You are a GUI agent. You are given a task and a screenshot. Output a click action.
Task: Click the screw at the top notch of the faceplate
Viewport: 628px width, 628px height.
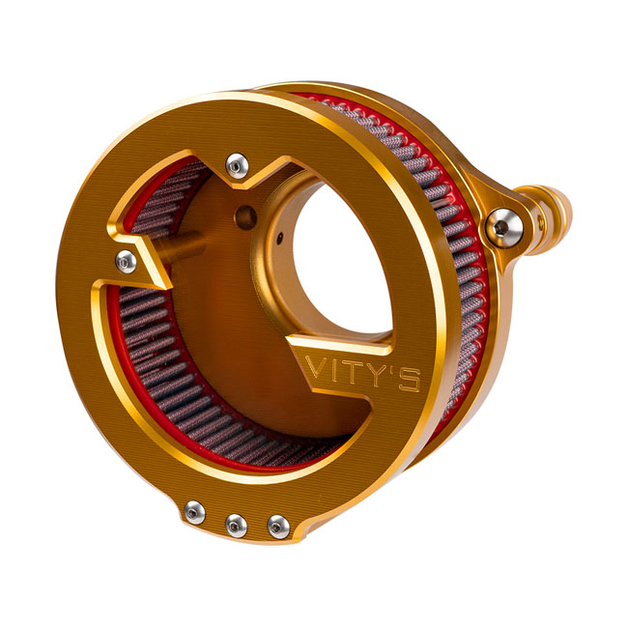click(x=237, y=166)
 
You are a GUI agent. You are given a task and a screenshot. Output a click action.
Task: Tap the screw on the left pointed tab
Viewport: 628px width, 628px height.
click(x=127, y=262)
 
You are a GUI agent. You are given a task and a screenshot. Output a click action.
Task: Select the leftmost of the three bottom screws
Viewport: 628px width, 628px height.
click(x=195, y=512)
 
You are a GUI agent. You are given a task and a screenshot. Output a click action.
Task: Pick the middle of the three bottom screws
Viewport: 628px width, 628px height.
click(x=236, y=526)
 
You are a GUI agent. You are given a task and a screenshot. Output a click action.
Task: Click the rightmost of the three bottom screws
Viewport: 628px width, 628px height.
click(x=278, y=528)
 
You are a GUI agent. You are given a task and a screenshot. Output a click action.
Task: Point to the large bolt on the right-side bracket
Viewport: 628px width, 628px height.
click(x=503, y=227)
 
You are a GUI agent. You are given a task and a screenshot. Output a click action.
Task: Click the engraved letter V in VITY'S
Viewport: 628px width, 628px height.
click(x=316, y=366)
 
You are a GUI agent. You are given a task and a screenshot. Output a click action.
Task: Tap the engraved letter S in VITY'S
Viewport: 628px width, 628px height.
click(x=410, y=380)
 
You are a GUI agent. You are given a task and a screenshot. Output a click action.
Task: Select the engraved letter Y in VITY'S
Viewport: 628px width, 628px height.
click(x=375, y=375)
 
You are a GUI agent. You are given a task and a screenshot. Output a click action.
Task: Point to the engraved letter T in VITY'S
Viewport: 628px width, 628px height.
click(x=352, y=372)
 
